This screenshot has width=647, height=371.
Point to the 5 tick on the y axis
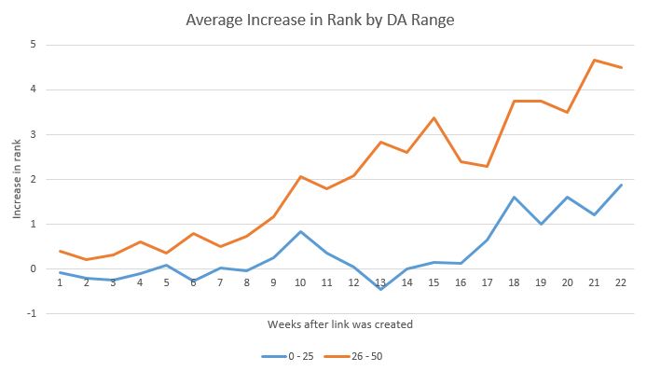[34, 45]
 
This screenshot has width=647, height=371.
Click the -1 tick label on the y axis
[32, 314]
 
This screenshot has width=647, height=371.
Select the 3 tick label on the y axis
[34, 134]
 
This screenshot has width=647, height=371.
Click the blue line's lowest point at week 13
[380, 289]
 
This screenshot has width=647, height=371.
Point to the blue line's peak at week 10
[300, 231]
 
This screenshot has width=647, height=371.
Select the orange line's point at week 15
[433, 117]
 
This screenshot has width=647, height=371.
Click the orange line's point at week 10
[300, 176]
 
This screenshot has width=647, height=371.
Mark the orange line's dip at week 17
[486, 166]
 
